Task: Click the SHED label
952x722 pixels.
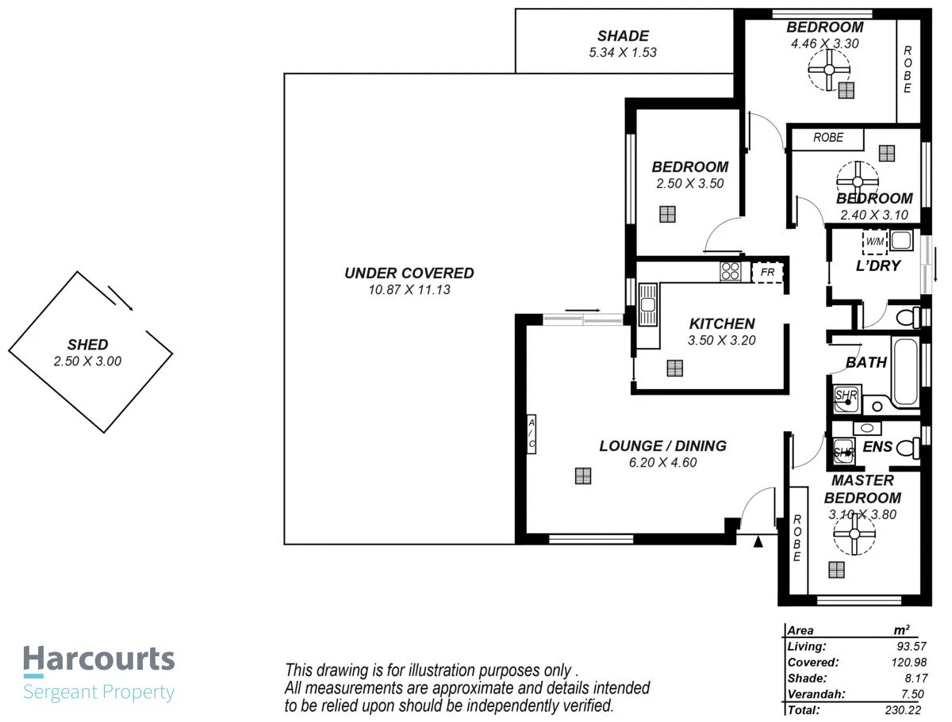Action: [87, 345]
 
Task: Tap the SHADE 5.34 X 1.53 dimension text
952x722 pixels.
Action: [623, 53]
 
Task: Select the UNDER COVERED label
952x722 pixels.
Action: [409, 273]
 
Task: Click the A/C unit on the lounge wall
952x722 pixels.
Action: [532, 434]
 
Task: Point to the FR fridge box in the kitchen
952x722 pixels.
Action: [767, 272]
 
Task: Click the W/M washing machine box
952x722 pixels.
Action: [874, 241]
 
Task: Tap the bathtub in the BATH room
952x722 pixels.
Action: [906, 371]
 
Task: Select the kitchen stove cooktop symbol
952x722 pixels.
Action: [730, 272]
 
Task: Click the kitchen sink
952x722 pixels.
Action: [648, 305]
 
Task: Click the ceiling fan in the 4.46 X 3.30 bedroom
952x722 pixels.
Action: [828, 70]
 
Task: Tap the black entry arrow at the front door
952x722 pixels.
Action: [758, 542]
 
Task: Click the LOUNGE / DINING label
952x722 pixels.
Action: [662, 446]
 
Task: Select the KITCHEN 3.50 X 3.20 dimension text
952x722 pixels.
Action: [721, 341]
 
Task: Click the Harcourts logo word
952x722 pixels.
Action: [98, 659]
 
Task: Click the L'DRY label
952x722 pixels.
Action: [877, 265]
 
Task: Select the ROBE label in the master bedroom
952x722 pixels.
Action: [797, 539]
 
